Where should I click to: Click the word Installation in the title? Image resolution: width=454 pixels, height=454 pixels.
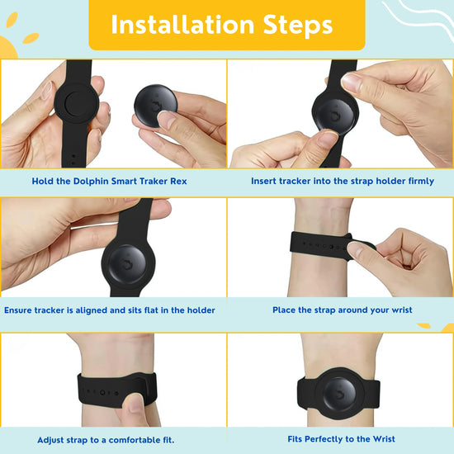[x=182, y=25]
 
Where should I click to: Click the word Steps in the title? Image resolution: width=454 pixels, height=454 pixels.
[x=298, y=26]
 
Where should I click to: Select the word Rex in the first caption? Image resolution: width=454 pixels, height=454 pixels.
[x=178, y=182]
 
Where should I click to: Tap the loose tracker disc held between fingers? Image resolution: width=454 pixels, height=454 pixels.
[x=155, y=106]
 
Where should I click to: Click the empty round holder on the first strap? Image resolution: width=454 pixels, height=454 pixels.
[x=77, y=104]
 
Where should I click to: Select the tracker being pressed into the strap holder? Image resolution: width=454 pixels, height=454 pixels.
[x=335, y=114]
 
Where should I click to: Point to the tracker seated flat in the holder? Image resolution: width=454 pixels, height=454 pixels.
[x=128, y=264]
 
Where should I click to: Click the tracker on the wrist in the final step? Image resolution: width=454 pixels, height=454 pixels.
[x=339, y=394]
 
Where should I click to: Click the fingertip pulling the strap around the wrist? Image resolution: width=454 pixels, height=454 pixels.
[x=355, y=250]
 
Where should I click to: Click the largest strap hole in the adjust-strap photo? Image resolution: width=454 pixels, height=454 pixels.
[x=102, y=393]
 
